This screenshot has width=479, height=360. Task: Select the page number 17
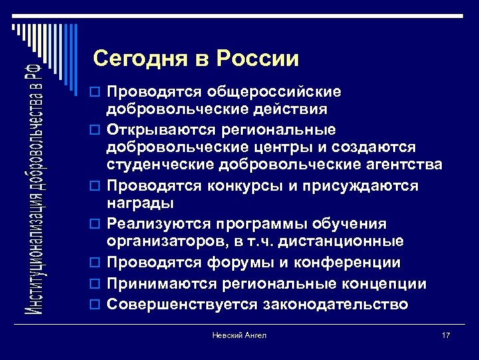click(445, 335)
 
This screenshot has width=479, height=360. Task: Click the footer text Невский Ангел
click(239, 335)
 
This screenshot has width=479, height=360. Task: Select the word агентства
click(389, 165)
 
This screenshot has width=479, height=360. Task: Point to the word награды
click(140, 203)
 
